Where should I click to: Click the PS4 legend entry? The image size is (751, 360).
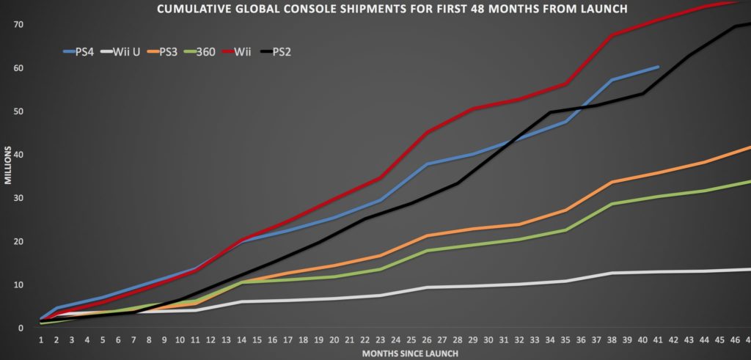click(80, 52)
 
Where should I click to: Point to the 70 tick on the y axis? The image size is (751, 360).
click(18, 25)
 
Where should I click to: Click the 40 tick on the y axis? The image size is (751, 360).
click(18, 155)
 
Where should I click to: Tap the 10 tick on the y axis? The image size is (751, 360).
click(18, 285)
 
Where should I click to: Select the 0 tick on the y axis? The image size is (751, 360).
click(21, 328)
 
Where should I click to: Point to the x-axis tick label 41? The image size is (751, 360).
click(658, 340)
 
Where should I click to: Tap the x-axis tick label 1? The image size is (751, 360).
click(41, 340)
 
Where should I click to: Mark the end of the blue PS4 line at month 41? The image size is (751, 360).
click(658, 67)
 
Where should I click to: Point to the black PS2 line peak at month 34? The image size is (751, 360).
click(550, 112)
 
